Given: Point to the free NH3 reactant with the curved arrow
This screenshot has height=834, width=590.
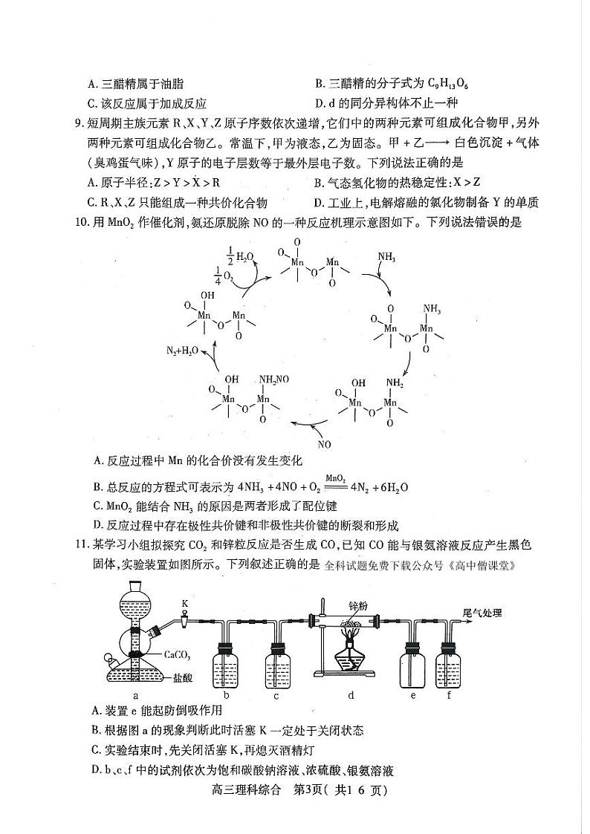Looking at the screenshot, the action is tap(386, 258).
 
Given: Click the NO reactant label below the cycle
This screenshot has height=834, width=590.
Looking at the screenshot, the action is tap(324, 445).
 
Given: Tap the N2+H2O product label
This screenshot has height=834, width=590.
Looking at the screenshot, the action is tap(181, 350).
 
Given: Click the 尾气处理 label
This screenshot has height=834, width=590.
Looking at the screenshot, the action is tap(482, 613).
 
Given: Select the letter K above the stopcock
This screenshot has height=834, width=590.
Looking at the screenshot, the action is tap(184, 604).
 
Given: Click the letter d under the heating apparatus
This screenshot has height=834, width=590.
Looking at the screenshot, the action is tap(350, 696).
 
